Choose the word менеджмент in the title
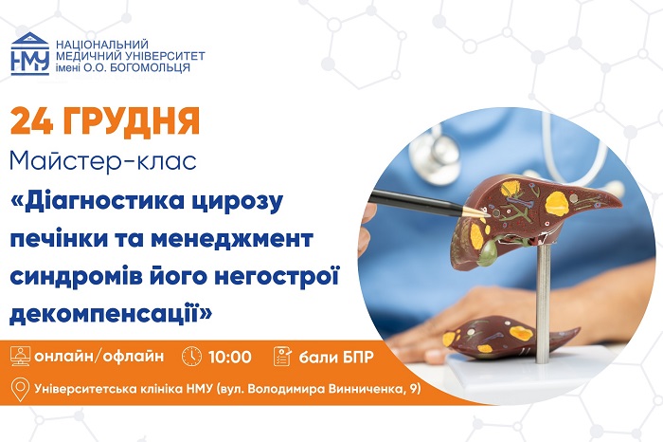point(242,236)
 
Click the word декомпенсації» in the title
point(112,309)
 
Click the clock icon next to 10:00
point(191,357)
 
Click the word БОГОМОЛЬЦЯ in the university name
point(152,67)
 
